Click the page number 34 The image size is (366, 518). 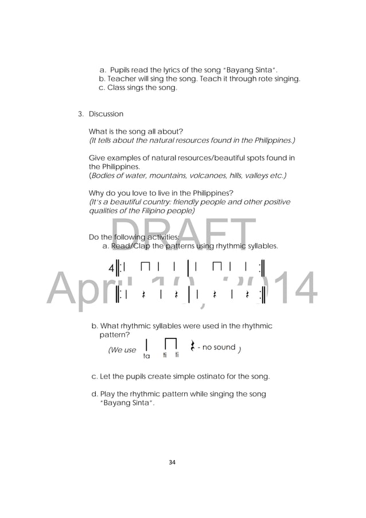tap(183, 460)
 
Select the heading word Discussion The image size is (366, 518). tap(106, 114)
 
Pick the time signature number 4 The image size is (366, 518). tap(111, 268)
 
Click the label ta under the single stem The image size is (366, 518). tap(146, 356)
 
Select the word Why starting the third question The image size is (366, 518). tap(96, 192)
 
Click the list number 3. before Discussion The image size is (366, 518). tap(81, 114)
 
